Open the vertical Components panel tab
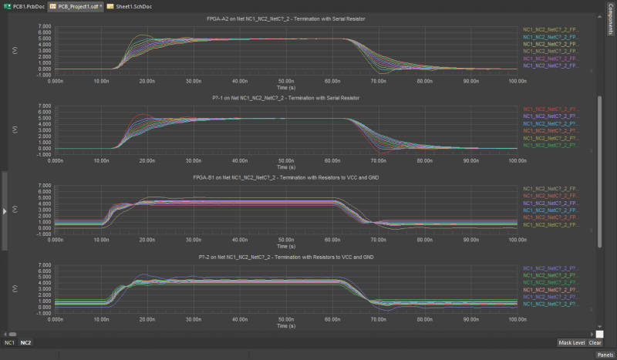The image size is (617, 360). pyautogui.click(x=610, y=23)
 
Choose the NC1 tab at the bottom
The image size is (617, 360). pyautogui.click(x=9, y=341)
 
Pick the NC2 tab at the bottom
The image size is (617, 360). pyautogui.click(x=25, y=341)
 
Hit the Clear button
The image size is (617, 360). pyautogui.click(x=595, y=341)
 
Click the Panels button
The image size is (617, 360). pyautogui.click(x=605, y=355)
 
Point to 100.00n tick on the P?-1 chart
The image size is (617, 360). pyautogui.click(x=516, y=160)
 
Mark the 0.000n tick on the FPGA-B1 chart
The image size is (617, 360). pyautogui.click(x=56, y=241)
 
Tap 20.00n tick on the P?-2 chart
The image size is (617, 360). pyautogui.click(x=147, y=320)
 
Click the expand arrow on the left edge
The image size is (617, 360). pyautogui.click(x=5, y=210)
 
